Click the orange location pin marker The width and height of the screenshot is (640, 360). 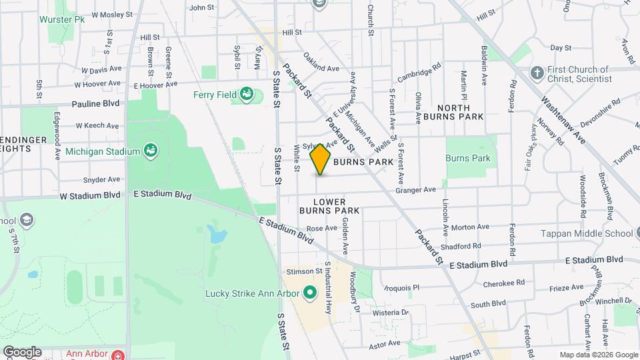(321, 159)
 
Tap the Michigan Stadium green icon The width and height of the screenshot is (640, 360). (151, 151)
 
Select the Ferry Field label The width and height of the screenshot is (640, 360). (215, 95)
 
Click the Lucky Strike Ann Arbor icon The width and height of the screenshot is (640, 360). (309, 292)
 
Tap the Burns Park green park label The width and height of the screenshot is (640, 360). (468, 159)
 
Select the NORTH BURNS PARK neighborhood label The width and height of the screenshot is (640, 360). (461, 112)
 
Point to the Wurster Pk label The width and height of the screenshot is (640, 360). (63, 20)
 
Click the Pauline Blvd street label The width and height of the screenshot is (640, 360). (97, 104)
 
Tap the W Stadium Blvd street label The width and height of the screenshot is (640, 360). (90, 195)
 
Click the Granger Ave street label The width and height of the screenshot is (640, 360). (415, 190)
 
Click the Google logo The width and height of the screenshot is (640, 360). (22, 352)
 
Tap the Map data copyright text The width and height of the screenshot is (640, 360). (598, 355)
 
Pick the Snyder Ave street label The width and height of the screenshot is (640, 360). (101, 179)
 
